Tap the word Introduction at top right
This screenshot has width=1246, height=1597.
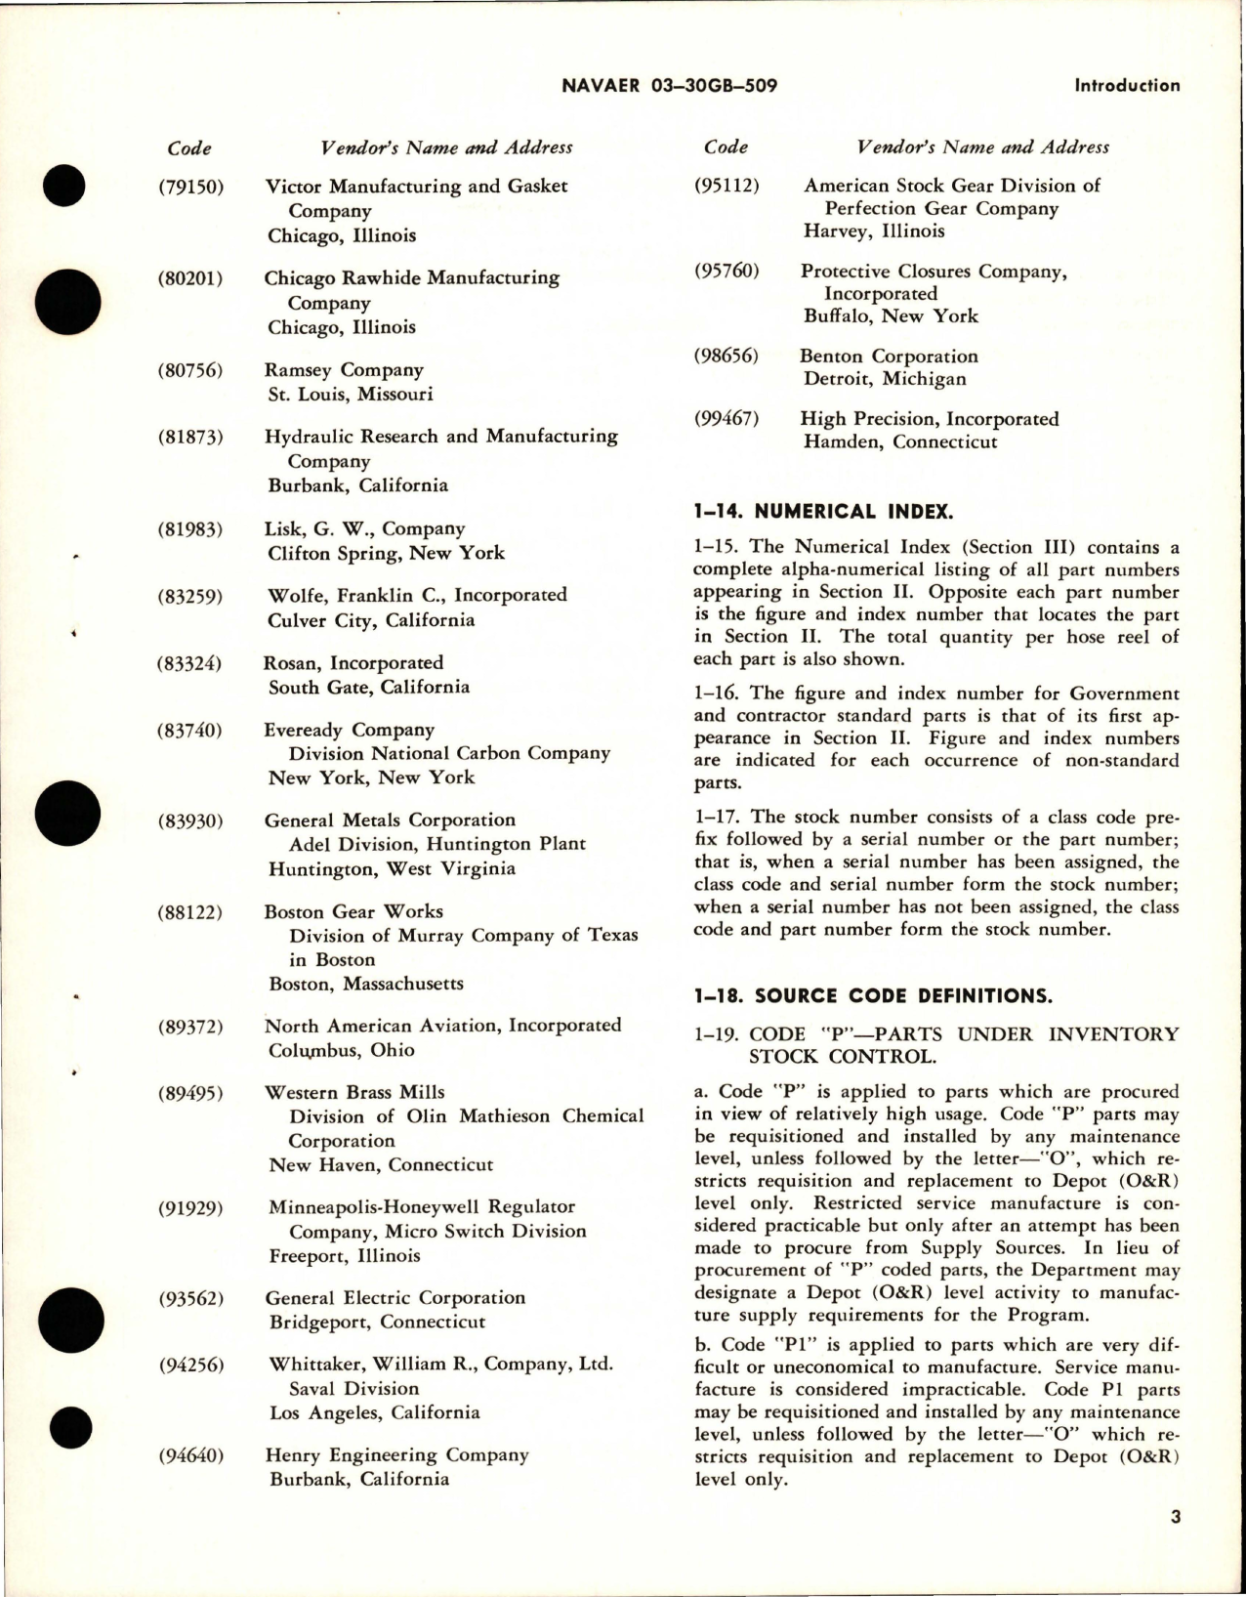click(1127, 86)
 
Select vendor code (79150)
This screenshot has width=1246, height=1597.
click(190, 186)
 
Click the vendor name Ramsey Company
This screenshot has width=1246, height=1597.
click(344, 370)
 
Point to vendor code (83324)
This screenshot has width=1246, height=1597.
click(190, 663)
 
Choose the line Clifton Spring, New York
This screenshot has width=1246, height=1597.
click(387, 553)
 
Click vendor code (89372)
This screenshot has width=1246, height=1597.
click(190, 1027)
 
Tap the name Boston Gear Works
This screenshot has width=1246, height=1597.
click(353, 911)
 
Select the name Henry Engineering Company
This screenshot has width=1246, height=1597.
click(396, 1455)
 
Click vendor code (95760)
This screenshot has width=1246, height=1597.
click(727, 271)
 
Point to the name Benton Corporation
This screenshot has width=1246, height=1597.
click(889, 357)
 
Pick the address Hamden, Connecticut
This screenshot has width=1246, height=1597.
click(900, 441)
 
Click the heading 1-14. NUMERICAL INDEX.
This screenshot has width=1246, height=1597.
click(823, 511)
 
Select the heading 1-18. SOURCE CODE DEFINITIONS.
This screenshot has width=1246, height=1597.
click(873, 996)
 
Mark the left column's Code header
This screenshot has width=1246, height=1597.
click(189, 148)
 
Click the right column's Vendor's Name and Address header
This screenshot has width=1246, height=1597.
click(982, 147)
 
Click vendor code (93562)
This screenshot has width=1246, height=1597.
click(190, 1299)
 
